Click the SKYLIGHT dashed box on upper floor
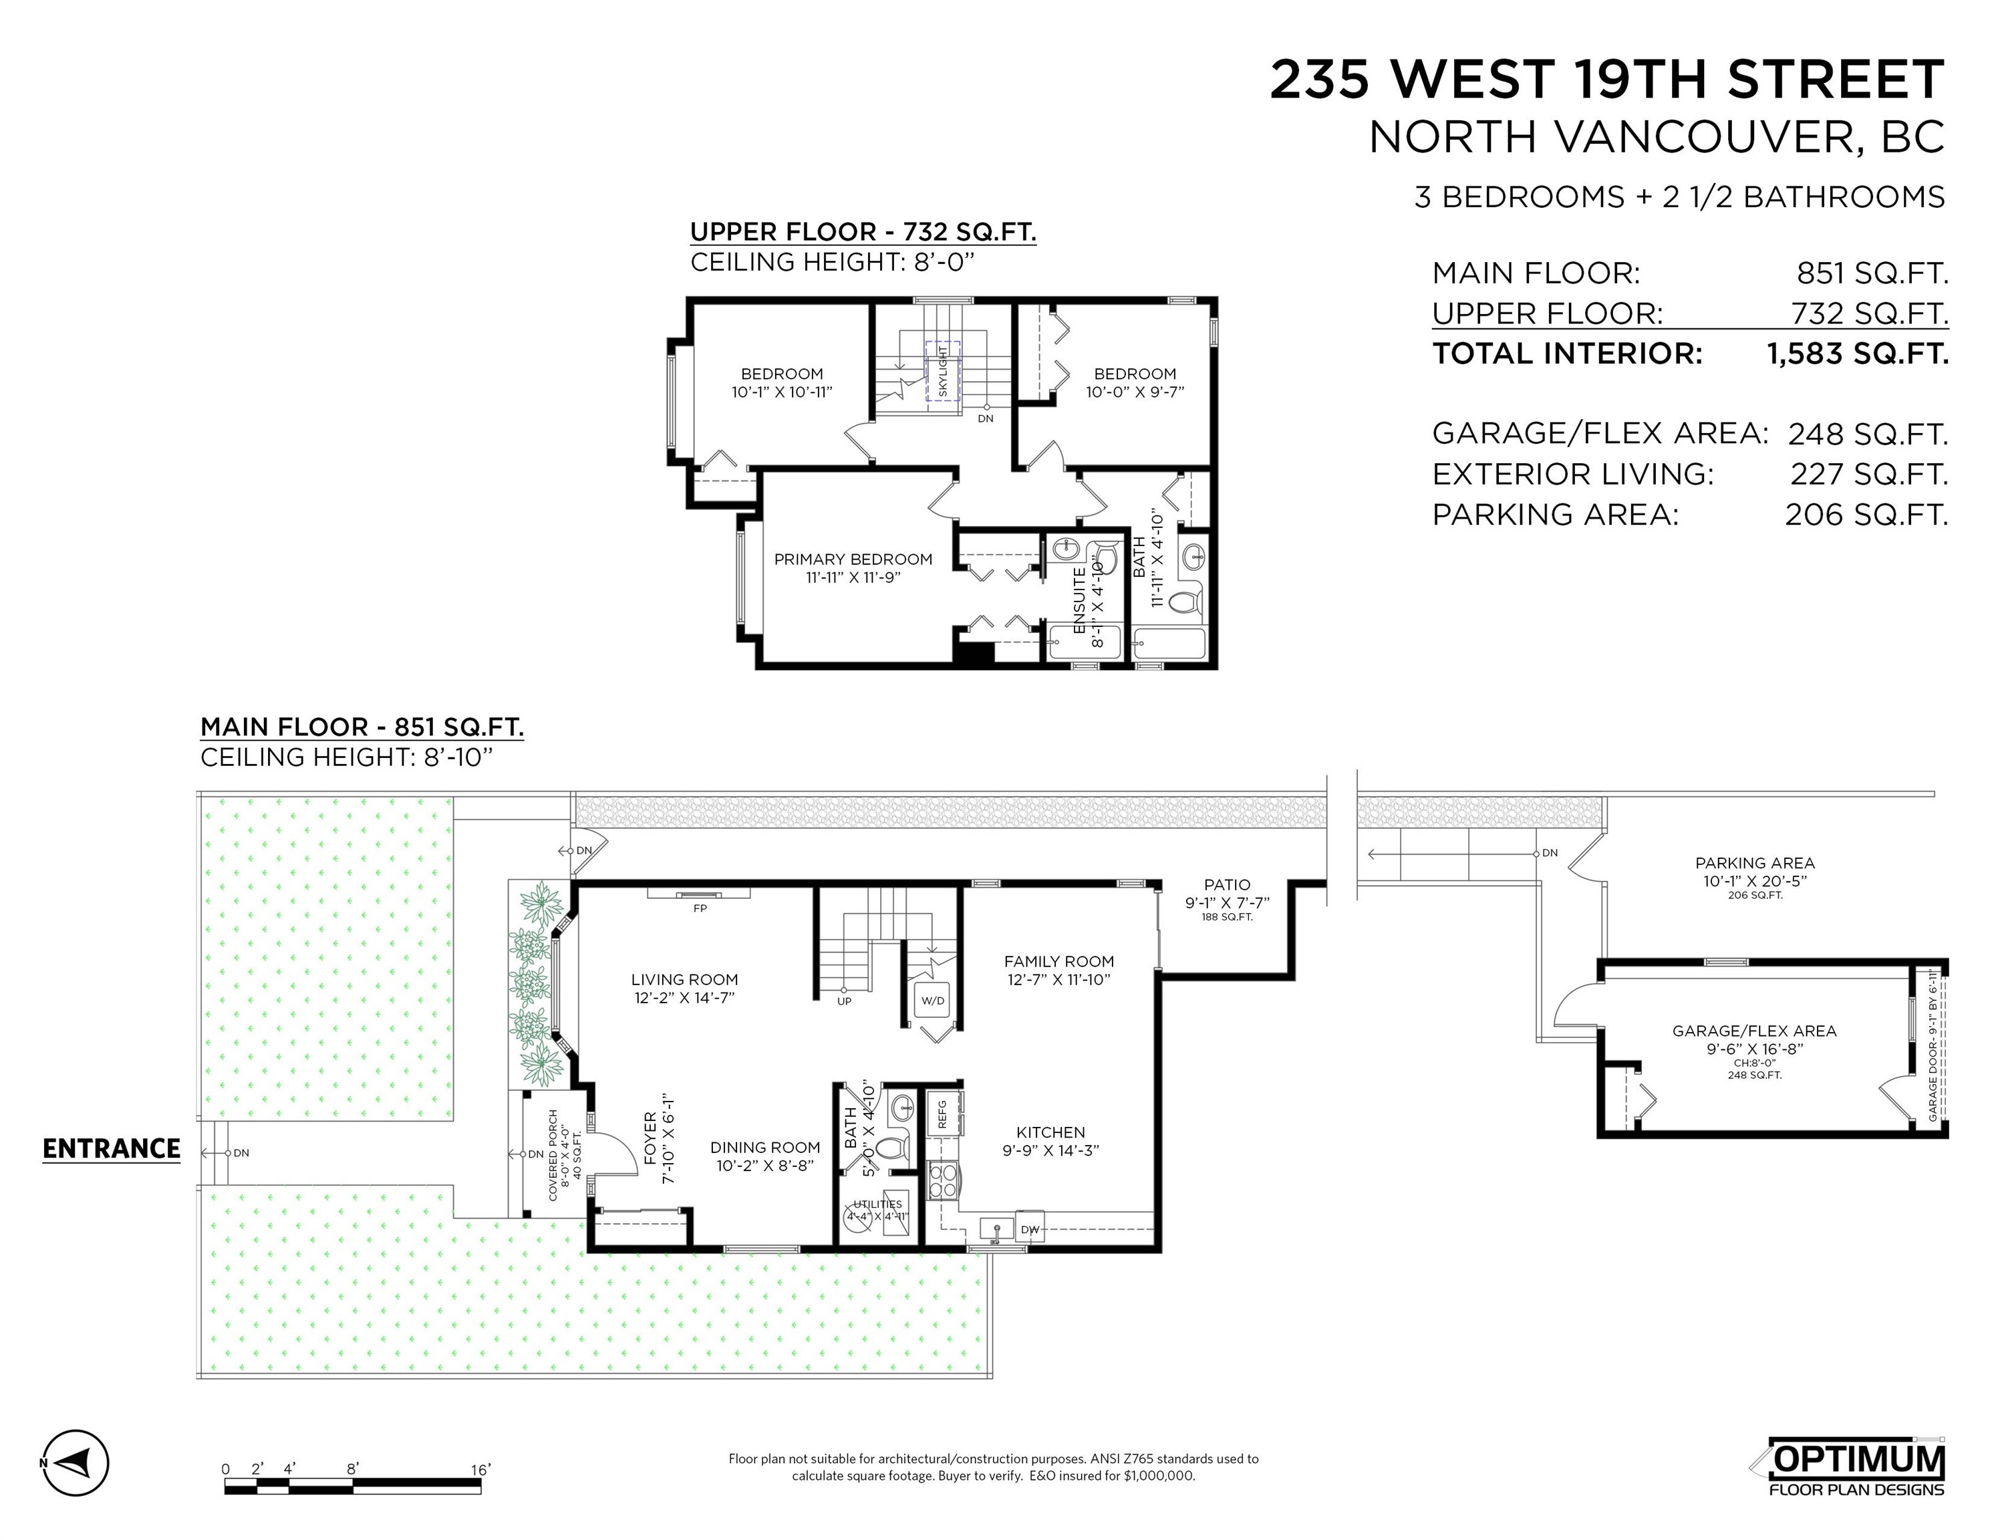(943, 372)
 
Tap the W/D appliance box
(932, 1001)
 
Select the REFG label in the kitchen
(942, 1114)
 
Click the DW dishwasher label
(1030, 1230)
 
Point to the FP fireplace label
(700, 908)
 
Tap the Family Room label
(1058, 960)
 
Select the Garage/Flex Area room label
(1753, 1031)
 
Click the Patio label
(1227, 884)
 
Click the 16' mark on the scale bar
(480, 1470)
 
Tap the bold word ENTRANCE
(112, 1148)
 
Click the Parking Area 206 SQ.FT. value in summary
(1866, 515)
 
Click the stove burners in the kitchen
(942, 1180)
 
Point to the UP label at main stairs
(844, 1001)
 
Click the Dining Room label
(764, 1148)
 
